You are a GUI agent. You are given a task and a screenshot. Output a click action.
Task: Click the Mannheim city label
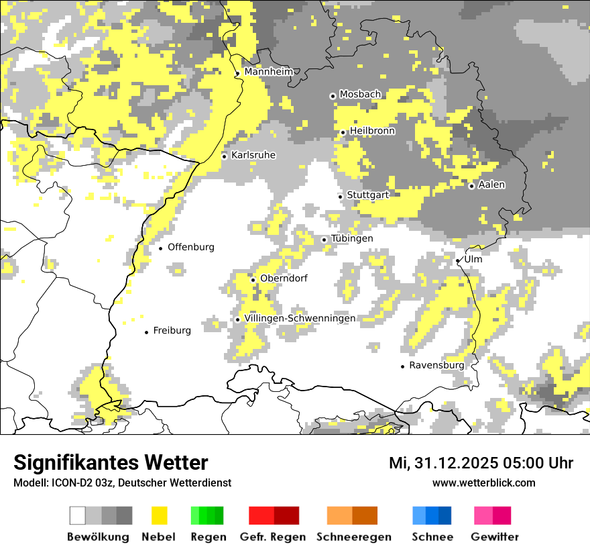[268, 72]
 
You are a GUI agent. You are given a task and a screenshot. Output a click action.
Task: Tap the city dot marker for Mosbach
[333, 96]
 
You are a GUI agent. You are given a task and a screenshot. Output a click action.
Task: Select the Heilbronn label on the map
[372, 131]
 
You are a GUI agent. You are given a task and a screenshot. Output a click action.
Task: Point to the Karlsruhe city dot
[225, 156]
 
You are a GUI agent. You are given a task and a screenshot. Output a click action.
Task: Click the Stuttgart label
[368, 195]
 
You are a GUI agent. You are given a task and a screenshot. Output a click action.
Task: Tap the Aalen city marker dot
[471, 186]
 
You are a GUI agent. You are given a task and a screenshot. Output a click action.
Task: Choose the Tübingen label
[352, 239]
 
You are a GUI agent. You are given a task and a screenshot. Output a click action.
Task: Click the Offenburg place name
[191, 247]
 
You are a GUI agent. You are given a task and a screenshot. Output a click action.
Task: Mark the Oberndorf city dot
[253, 280]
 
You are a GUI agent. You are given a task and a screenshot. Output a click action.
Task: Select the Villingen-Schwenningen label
[300, 318]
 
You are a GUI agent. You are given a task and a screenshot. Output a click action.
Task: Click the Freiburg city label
[172, 330]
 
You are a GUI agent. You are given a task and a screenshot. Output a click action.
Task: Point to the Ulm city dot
[458, 260]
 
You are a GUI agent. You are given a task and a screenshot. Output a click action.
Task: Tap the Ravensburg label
[436, 365]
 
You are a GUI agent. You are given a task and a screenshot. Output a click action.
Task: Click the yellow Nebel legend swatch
[159, 515]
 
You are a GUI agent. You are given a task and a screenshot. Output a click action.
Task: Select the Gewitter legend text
[495, 537]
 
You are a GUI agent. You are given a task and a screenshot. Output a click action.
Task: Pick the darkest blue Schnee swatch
[445, 515]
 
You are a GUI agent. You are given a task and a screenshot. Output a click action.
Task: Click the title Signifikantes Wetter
[111, 462]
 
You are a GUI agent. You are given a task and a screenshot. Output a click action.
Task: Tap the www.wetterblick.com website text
[483, 483]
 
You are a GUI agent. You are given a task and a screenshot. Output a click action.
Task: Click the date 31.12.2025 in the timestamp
[467, 463]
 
